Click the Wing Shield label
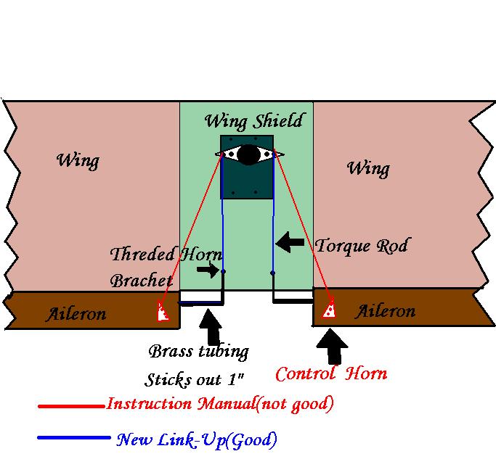pyautogui.click(x=253, y=120)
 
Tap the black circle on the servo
pyautogui.click(x=249, y=154)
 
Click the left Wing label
pyautogui.click(x=78, y=160)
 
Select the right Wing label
pyautogui.click(x=368, y=168)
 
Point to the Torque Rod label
pyautogui.click(x=361, y=246)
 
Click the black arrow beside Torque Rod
pyautogui.click(x=290, y=242)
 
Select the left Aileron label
pyautogui.click(x=76, y=313)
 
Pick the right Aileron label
pyautogui.click(x=386, y=311)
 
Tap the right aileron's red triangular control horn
pyautogui.click(x=330, y=310)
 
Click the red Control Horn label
pyautogui.click(x=330, y=373)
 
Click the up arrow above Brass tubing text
pyautogui.click(x=212, y=327)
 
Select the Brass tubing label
pyautogui.click(x=198, y=352)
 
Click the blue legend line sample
pyautogui.click(x=73, y=437)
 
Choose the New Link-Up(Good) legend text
pyautogui.click(x=196, y=439)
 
